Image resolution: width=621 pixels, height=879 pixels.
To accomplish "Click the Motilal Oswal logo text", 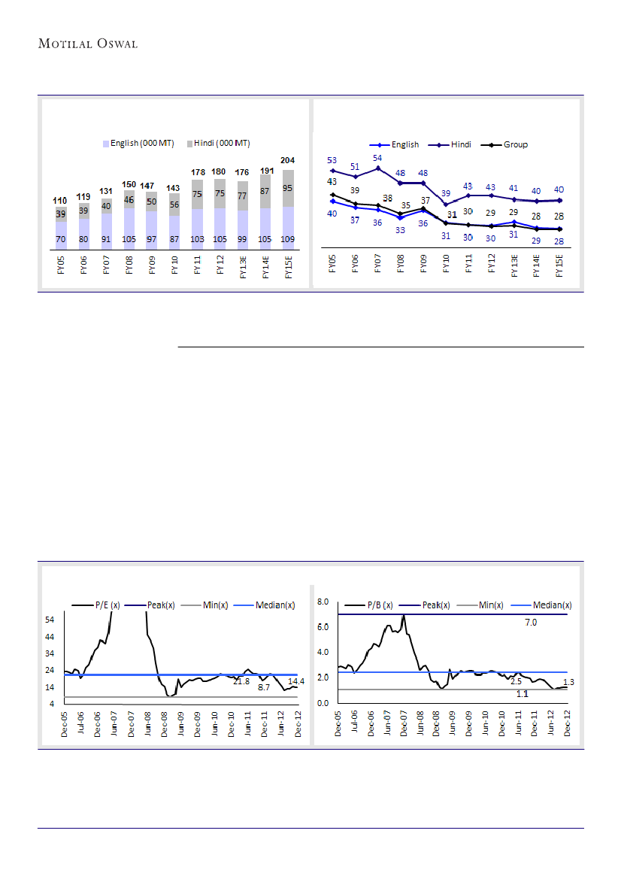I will [88, 44].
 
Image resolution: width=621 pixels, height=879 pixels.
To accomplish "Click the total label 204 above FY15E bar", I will [289, 160].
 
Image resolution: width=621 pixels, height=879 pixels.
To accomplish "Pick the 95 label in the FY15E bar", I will [289, 189].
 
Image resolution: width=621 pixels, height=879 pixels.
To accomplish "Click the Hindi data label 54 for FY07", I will [378, 158].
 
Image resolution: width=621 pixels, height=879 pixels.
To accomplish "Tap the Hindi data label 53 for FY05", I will [332, 160].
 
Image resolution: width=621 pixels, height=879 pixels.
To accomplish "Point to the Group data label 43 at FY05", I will [332, 182].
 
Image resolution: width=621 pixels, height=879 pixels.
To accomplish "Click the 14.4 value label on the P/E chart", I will [296, 680].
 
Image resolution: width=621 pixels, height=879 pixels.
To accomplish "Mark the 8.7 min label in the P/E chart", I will [264, 687].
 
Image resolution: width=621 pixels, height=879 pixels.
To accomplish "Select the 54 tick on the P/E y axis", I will [51, 620].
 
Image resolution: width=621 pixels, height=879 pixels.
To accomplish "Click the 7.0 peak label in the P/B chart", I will [531, 623].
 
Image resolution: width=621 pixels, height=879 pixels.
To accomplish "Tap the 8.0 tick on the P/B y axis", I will [323, 602].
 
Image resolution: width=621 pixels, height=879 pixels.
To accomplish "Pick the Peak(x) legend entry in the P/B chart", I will [435, 605].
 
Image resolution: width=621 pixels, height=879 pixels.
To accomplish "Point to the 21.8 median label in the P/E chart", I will [241, 681].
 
